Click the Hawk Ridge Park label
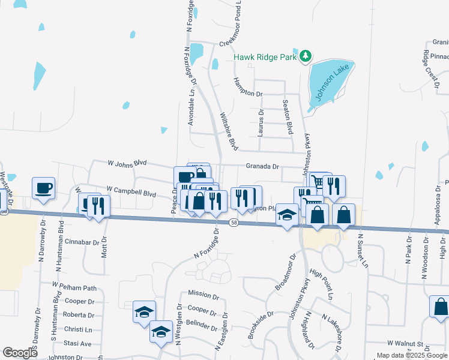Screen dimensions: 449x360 [265, 58]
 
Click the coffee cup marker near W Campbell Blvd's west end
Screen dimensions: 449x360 [43, 188]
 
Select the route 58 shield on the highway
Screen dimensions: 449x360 [234, 223]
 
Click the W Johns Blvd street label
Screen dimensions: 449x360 [127, 163]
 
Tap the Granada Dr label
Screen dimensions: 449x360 [262, 166]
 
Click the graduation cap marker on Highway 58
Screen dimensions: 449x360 [288, 215]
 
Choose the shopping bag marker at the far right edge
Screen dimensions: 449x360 [441, 306]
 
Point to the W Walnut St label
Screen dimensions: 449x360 [405, 343]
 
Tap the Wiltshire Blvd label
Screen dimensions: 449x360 [229, 131]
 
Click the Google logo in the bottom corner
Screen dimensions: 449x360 [20, 352]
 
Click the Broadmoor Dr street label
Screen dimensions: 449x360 [286, 273]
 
